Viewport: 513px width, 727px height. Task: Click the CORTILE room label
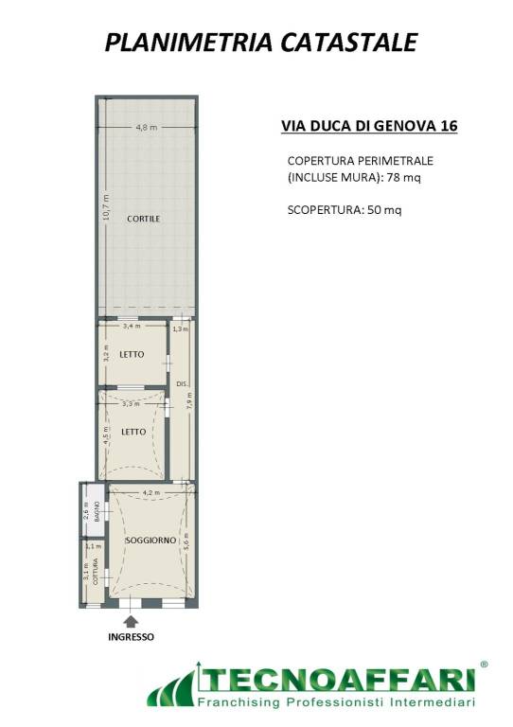143,219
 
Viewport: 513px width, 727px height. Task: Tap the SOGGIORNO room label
151,541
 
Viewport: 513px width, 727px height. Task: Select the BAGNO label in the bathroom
97,512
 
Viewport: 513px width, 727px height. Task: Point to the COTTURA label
95,571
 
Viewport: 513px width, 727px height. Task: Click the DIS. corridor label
182,384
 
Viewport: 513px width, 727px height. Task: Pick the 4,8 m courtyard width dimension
146,127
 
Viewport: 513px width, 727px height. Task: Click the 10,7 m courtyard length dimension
107,206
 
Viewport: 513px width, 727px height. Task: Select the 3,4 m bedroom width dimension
132,326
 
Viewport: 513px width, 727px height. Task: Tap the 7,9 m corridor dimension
189,400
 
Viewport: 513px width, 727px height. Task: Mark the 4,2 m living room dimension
151,492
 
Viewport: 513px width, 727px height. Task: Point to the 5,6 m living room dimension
186,541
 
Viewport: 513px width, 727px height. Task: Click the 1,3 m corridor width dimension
180,329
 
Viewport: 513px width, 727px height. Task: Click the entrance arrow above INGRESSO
132,621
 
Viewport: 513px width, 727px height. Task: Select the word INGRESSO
132,637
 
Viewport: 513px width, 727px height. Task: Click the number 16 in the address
449,126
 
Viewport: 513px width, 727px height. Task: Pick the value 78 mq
403,177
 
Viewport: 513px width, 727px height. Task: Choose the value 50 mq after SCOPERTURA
384,210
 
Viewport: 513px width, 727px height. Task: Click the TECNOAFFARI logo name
337,682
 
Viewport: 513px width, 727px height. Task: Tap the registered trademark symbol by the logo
484,665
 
